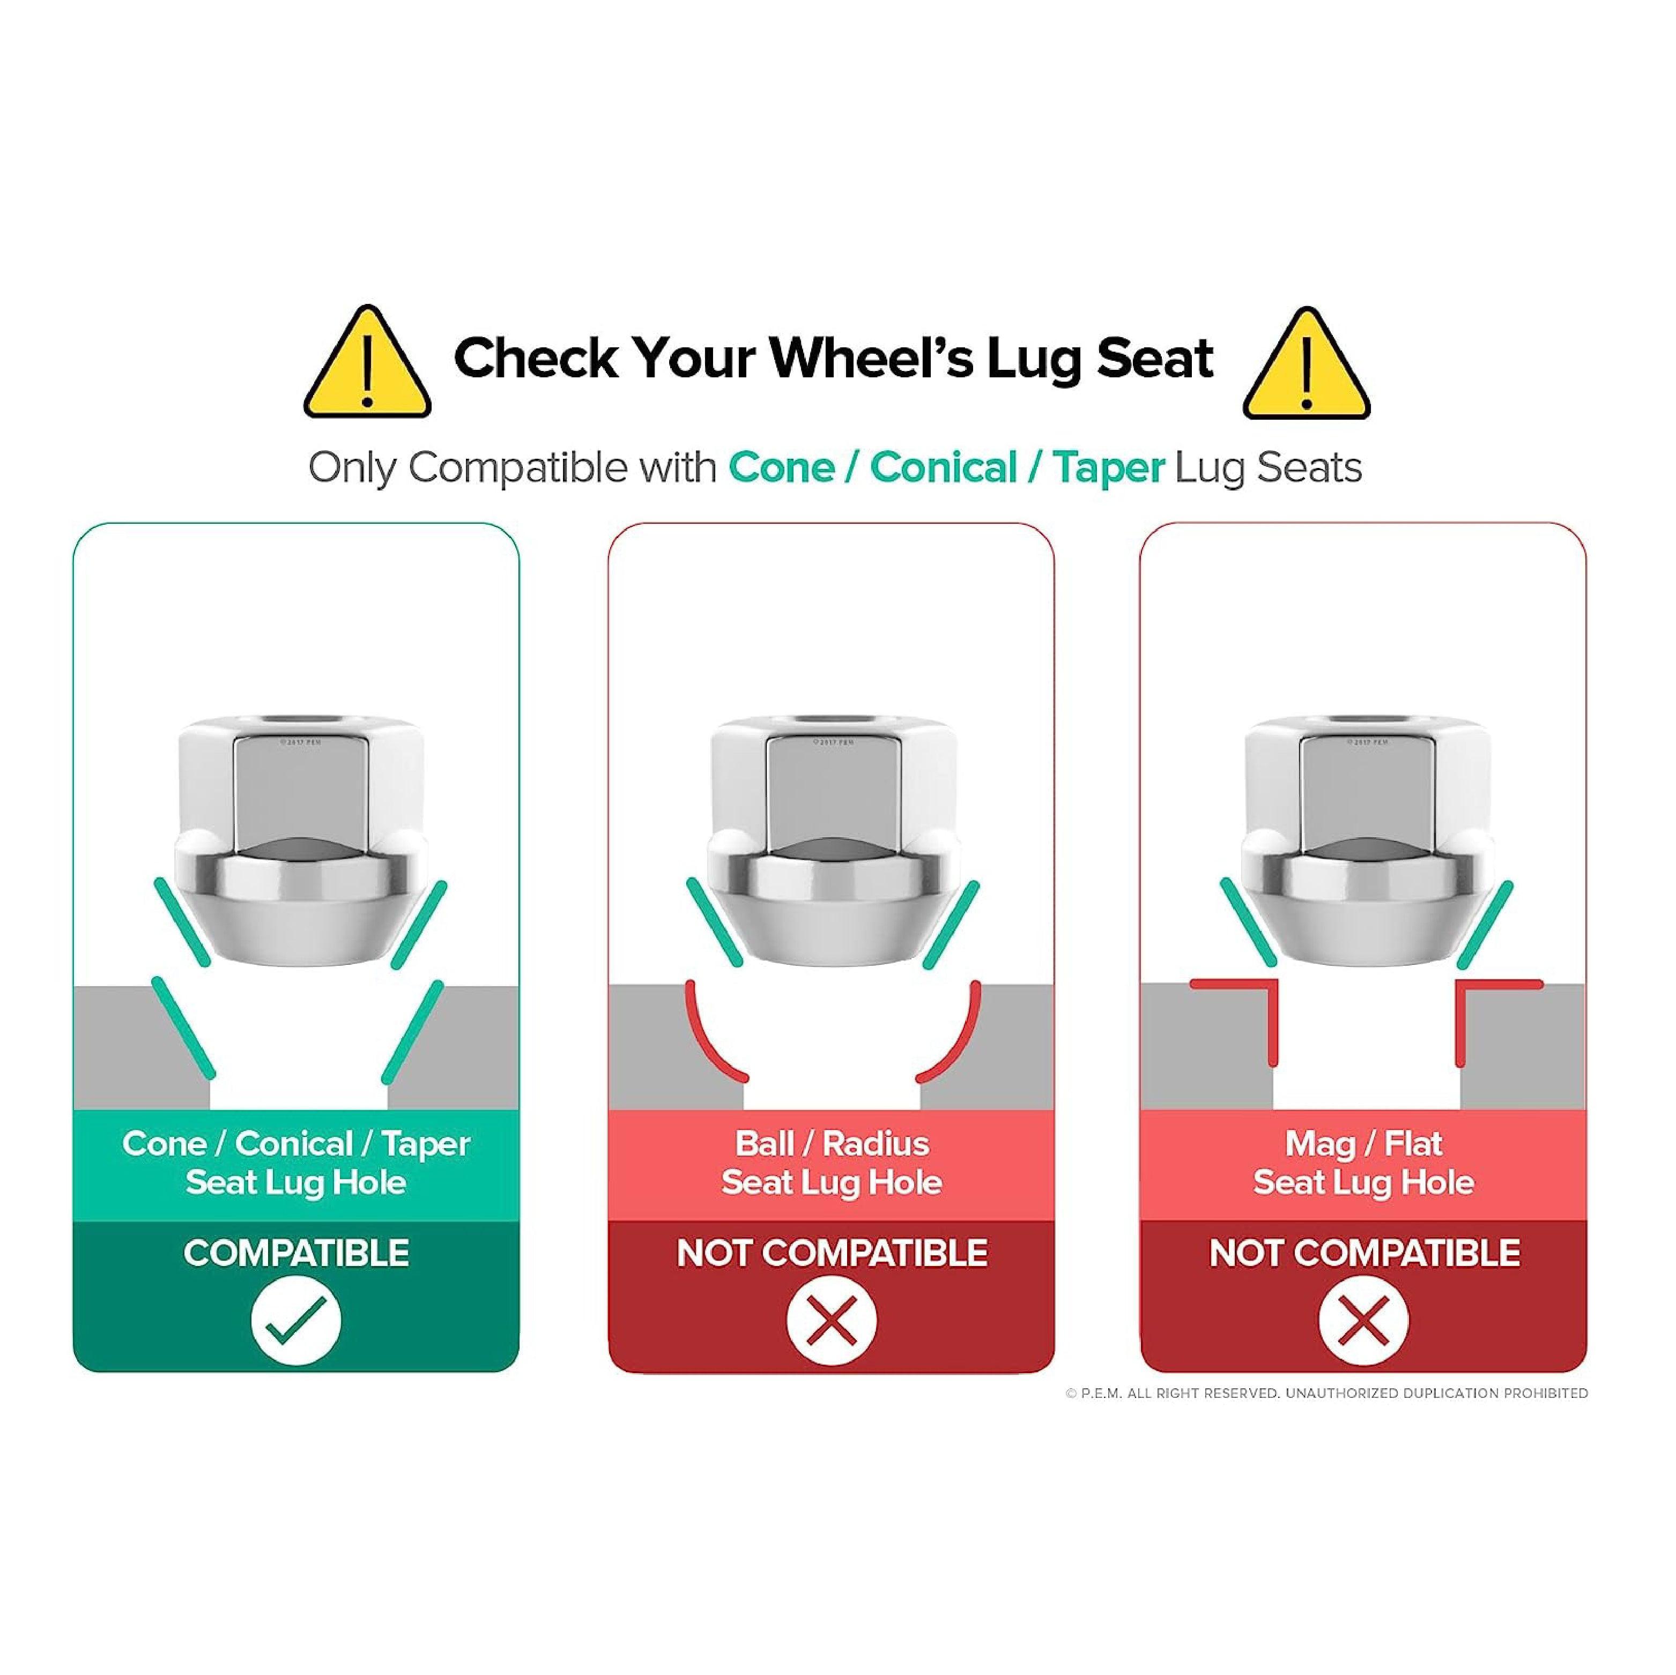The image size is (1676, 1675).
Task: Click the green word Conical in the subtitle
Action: [943, 468]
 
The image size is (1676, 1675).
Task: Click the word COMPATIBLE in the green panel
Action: [296, 1253]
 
